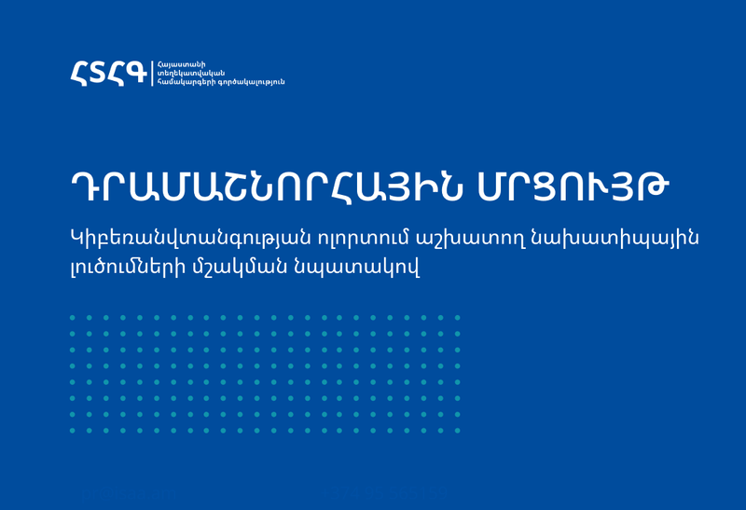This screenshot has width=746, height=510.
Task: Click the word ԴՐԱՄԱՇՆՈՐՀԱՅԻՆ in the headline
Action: [267, 187]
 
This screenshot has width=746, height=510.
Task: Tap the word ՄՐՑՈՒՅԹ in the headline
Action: [573, 187]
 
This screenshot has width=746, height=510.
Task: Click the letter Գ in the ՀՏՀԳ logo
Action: [135, 73]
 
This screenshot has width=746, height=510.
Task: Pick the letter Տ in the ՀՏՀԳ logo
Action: [98, 73]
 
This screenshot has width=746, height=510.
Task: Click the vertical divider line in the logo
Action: [152, 74]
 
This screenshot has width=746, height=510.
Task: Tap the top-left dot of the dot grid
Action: [73, 317]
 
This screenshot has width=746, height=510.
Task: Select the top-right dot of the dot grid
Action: [457, 317]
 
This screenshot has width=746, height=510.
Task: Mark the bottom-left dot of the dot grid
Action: [73, 431]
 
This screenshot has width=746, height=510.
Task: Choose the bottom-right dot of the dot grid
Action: [457, 431]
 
